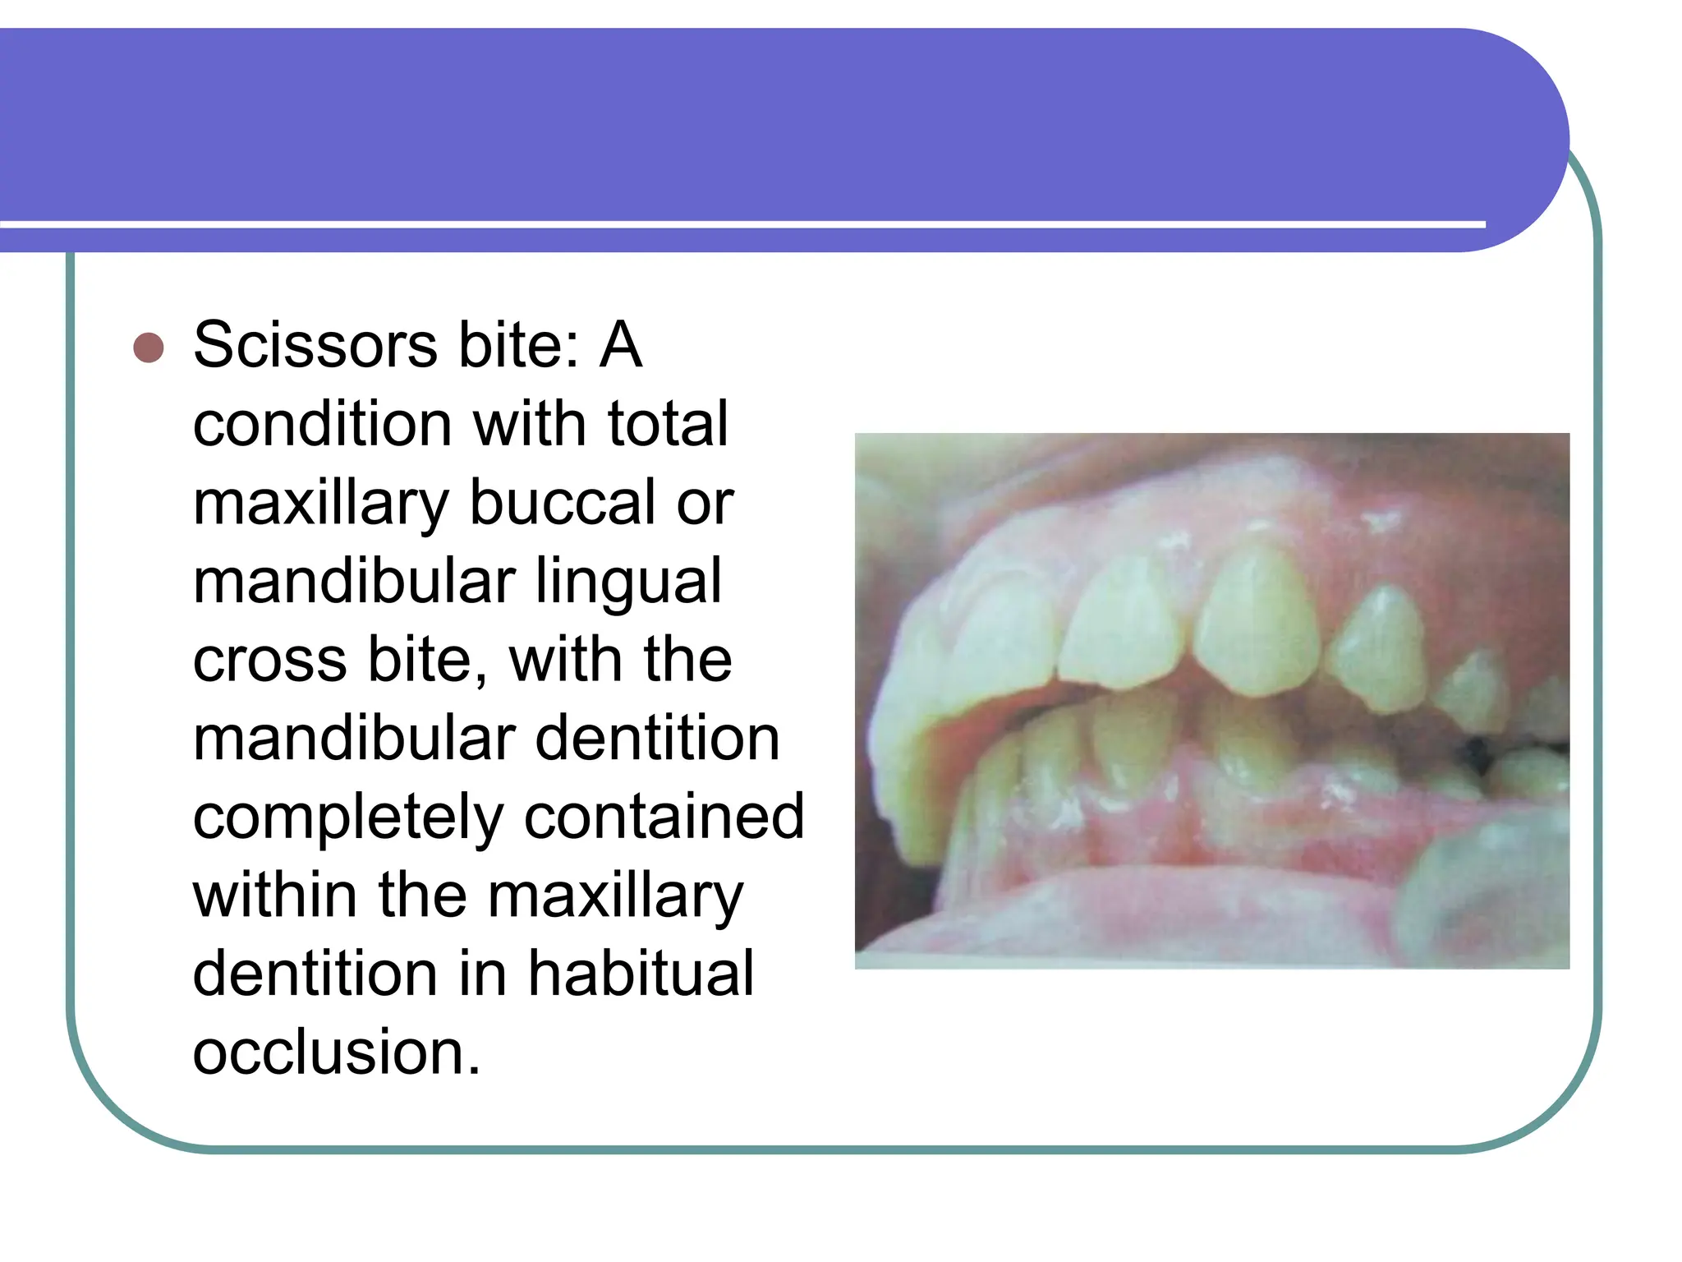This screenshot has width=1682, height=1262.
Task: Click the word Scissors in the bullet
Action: [315, 345]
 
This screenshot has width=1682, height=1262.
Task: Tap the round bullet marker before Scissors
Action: [149, 348]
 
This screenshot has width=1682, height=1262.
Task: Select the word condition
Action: [322, 424]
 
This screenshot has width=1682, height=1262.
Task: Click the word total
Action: [667, 424]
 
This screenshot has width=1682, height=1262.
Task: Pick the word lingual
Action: [628, 582]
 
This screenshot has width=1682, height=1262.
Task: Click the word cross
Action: [269, 661]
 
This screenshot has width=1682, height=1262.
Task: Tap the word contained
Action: [664, 818]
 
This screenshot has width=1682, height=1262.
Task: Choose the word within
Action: [274, 896]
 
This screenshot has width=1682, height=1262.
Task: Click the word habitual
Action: [641, 974]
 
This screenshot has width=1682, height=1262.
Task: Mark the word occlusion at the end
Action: [335, 1053]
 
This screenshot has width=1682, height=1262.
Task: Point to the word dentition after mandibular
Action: [657, 739]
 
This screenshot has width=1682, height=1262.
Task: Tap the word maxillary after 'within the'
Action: [616, 897]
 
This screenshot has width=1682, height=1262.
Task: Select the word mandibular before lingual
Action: [354, 582]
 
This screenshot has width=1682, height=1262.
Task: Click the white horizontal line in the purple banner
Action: [739, 224]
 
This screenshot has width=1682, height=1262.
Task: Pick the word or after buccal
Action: [705, 503]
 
